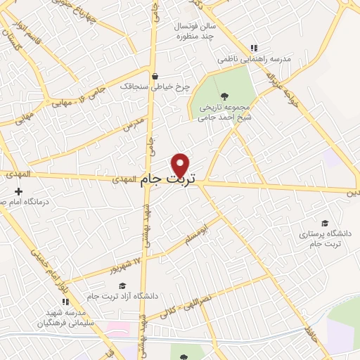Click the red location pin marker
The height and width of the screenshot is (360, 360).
click(x=181, y=165)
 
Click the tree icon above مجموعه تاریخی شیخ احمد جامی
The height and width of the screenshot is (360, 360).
click(x=224, y=96)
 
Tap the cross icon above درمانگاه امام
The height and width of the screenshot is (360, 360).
click(x=18, y=191)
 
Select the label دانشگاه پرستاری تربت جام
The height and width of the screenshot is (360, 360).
click(x=320, y=238)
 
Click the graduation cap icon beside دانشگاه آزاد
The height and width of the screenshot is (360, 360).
click(x=123, y=285)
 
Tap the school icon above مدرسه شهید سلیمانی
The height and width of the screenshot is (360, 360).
click(x=65, y=300)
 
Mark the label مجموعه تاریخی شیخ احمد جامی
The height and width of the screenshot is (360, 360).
click(x=224, y=113)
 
